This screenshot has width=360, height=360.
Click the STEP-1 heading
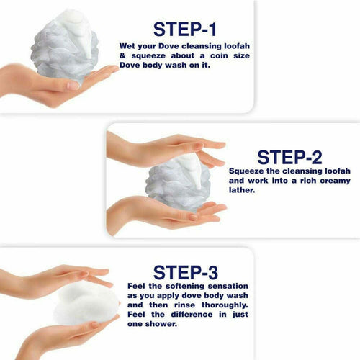[184, 30]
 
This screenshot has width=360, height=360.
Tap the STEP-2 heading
[289, 157]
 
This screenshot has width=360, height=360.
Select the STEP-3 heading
[186, 273]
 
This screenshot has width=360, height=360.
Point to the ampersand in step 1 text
[122, 55]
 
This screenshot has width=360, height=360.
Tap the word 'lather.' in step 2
[242, 190]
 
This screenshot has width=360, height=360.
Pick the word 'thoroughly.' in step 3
[225, 305]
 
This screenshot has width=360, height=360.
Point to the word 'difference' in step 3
[192, 315]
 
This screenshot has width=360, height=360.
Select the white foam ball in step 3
[86, 304]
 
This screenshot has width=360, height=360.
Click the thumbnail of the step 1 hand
[73, 86]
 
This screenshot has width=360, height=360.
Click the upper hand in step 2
[166, 150]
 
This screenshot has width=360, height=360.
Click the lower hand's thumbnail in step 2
[193, 217]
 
